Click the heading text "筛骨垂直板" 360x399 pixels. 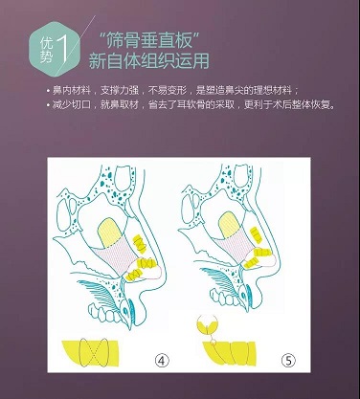(x=149, y=40)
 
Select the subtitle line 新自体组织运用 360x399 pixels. (x=148, y=61)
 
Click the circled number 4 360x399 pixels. (x=162, y=361)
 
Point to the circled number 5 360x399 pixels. (x=288, y=361)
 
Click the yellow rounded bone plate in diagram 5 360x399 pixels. (x=230, y=225)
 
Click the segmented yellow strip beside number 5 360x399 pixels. (x=229, y=353)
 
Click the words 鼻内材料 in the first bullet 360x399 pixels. (x=71, y=91)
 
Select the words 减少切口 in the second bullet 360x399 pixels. (x=71, y=105)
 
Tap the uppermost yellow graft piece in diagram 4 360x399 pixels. (x=139, y=243)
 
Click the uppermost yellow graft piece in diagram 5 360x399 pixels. (x=256, y=233)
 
